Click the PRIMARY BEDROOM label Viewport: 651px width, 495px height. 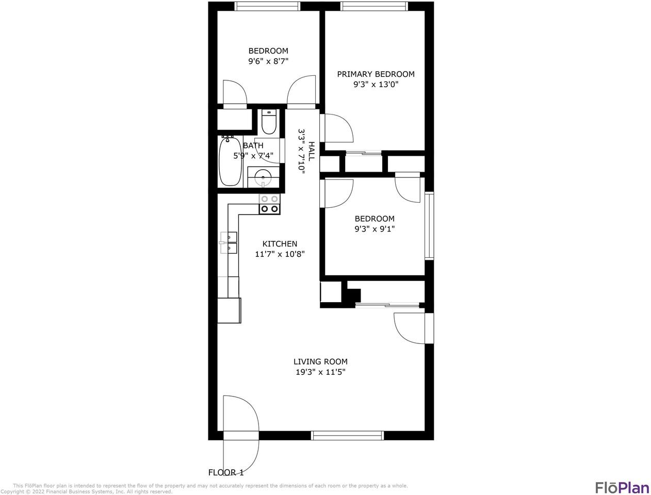pyautogui.click(x=376, y=74)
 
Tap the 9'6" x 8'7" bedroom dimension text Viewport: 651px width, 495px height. pyautogui.click(x=268, y=61)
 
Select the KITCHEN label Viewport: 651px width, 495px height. pyautogui.click(x=280, y=244)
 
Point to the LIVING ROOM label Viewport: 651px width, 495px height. pyautogui.click(x=320, y=362)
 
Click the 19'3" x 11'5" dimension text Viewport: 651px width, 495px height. pyautogui.click(x=320, y=372)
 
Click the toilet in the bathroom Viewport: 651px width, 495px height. pyautogui.click(x=269, y=122)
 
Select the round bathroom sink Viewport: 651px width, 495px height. pyautogui.click(x=263, y=177)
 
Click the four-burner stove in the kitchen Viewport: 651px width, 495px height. pyautogui.click(x=269, y=204)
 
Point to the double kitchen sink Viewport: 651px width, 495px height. pyautogui.click(x=229, y=243)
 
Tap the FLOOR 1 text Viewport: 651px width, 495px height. pyautogui.click(x=225, y=472)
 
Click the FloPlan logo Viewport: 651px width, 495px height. pyautogui.click(x=621, y=487)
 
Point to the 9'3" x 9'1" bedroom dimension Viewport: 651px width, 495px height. pyautogui.click(x=375, y=229)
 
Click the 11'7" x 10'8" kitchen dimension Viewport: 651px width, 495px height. pyautogui.click(x=280, y=254)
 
